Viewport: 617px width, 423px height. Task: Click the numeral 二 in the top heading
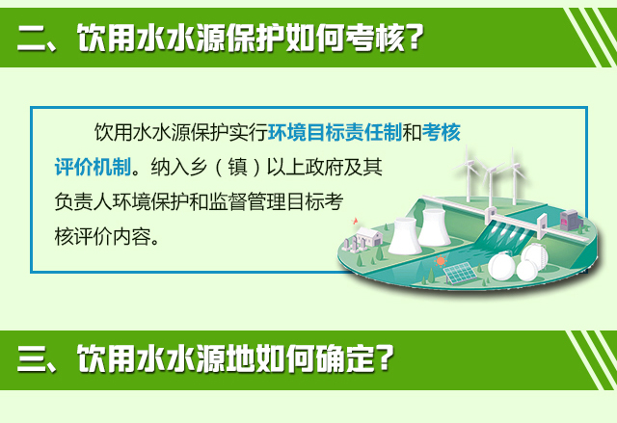click(33, 39)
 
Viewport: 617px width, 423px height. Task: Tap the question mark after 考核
click(416, 37)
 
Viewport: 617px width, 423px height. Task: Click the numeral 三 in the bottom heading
click(33, 358)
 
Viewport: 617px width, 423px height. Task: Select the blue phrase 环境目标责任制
click(335, 132)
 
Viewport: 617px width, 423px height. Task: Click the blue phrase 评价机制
click(93, 167)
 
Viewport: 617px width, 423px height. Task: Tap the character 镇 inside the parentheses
click(238, 167)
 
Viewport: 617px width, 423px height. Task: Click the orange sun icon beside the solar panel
click(441, 260)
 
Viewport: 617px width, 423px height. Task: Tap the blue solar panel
click(460, 272)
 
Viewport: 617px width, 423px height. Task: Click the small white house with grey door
click(369, 236)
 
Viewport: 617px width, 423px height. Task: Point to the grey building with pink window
click(570, 220)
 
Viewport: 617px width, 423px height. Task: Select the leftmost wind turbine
click(468, 173)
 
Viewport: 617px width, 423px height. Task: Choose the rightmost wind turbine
click(513, 175)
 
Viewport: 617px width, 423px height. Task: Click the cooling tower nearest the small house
click(405, 235)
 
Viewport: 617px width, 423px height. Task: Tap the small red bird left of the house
click(356, 221)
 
